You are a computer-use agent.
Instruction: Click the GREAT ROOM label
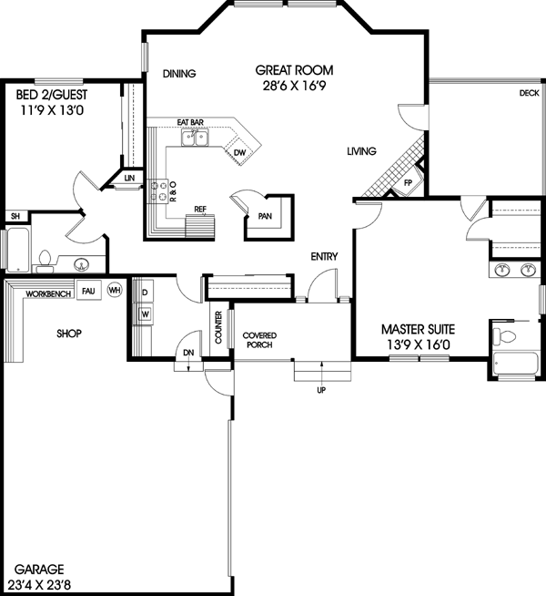click(293, 69)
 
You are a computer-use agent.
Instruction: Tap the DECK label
click(529, 93)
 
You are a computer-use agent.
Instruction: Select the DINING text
click(180, 75)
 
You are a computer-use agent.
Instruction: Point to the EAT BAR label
click(189, 121)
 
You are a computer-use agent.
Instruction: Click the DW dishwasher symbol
click(239, 152)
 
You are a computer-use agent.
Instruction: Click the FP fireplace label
click(409, 182)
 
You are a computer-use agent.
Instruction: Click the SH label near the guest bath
click(15, 216)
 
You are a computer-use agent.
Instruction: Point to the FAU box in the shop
click(88, 290)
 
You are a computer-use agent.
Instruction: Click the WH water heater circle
click(114, 290)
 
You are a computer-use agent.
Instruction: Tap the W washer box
click(144, 314)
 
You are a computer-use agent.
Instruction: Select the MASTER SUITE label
click(418, 329)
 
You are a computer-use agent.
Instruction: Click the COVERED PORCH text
click(259, 341)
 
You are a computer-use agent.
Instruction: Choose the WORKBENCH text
click(48, 294)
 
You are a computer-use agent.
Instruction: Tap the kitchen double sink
click(194, 139)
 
